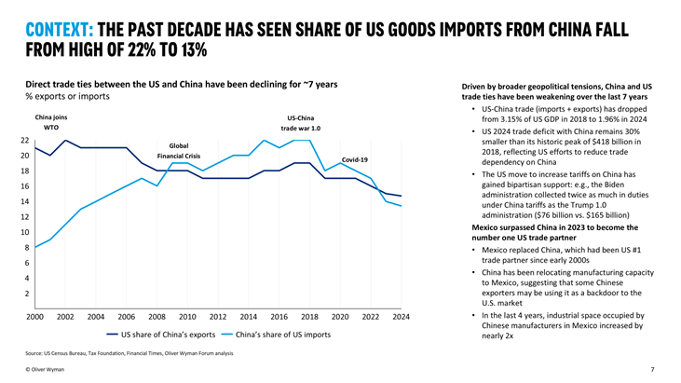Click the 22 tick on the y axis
(x=25, y=140)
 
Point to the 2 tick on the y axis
(x=27, y=294)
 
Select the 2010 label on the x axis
(x=187, y=316)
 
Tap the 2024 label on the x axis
(x=401, y=316)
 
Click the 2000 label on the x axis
(x=34, y=316)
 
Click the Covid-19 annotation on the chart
(x=355, y=160)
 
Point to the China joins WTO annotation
(x=51, y=124)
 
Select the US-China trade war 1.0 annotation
(x=303, y=124)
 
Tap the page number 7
(x=652, y=370)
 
